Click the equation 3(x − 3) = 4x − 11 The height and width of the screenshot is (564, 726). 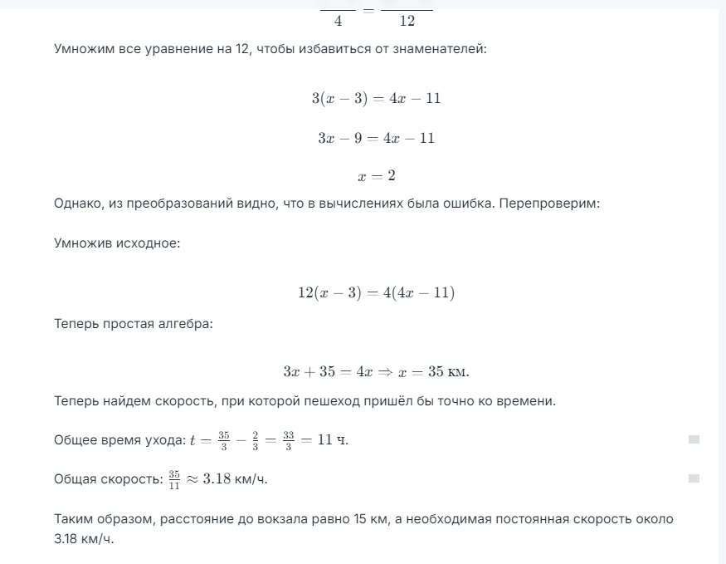pyautogui.click(x=376, y=98)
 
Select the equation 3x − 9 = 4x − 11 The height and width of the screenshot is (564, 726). pyautogui.click(x=376, y=138)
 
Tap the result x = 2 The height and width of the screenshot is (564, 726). pyautogui.click(x=376, y=177)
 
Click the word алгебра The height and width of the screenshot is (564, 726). pyautogui.click(x=187, y=323)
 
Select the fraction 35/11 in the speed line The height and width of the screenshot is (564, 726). pyautogui.click(x=174, y=479)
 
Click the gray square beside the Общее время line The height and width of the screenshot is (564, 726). pyautogui.click(x=694, y=439)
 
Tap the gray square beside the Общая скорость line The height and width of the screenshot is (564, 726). pyautogui.click(x=694, y=478)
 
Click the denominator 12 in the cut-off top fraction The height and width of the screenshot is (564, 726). pyautogui.click(x=407, y=21)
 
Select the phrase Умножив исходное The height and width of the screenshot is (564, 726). pyautogui.click(x=117, y=244)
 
